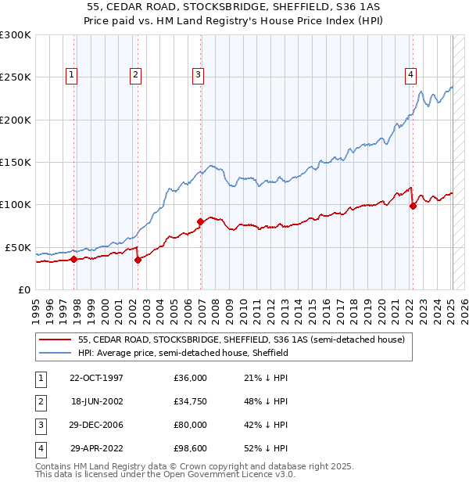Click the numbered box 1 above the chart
tap(71, 75)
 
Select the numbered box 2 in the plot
tap(135, 75)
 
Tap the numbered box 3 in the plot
tap(199, 75)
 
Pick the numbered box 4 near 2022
tap(410, 75)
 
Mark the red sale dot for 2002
tap(138, 260)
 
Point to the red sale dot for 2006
tap(200, 221)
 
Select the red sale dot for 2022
tap(412, 206)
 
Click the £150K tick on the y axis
tap(16, 162)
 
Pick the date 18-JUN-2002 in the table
tap(96, 402)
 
